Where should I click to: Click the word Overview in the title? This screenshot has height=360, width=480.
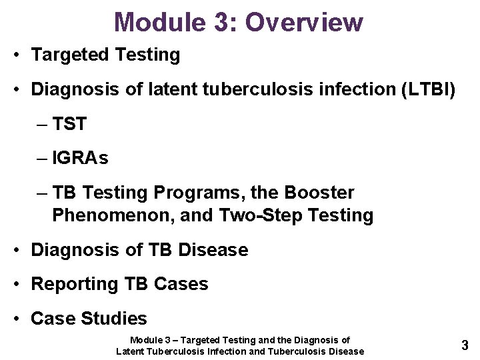click(304, 22)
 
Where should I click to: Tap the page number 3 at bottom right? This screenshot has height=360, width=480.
click(465, 345)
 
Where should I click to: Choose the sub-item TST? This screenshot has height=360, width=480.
click(69, 123)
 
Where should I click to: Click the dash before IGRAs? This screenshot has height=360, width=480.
click(43, 158)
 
